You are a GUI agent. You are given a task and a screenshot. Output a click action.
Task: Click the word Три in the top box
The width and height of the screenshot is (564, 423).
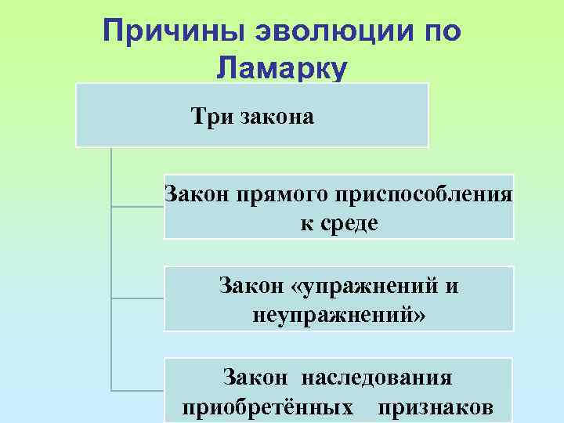point(208,117)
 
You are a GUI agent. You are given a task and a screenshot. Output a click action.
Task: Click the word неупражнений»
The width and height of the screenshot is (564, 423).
point(339,316)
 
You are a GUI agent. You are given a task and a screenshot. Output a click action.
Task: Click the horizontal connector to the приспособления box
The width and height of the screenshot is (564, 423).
point(138,207)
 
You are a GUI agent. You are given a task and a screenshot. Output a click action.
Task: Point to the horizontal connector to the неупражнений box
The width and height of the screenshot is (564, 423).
point(138,298)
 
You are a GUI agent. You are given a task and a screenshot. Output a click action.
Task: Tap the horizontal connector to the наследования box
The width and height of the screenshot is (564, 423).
point(138,390)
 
